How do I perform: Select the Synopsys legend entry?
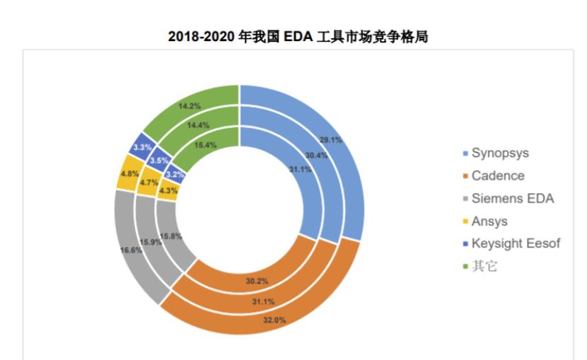point(499,153)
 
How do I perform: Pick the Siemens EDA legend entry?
point(512,199)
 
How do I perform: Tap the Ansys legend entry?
point(489,221)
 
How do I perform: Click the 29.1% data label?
point(330,140)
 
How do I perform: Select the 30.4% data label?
point(315,155)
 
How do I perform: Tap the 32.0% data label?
point(274,320)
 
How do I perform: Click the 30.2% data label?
point(257,281)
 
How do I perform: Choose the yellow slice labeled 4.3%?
point(168,190)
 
